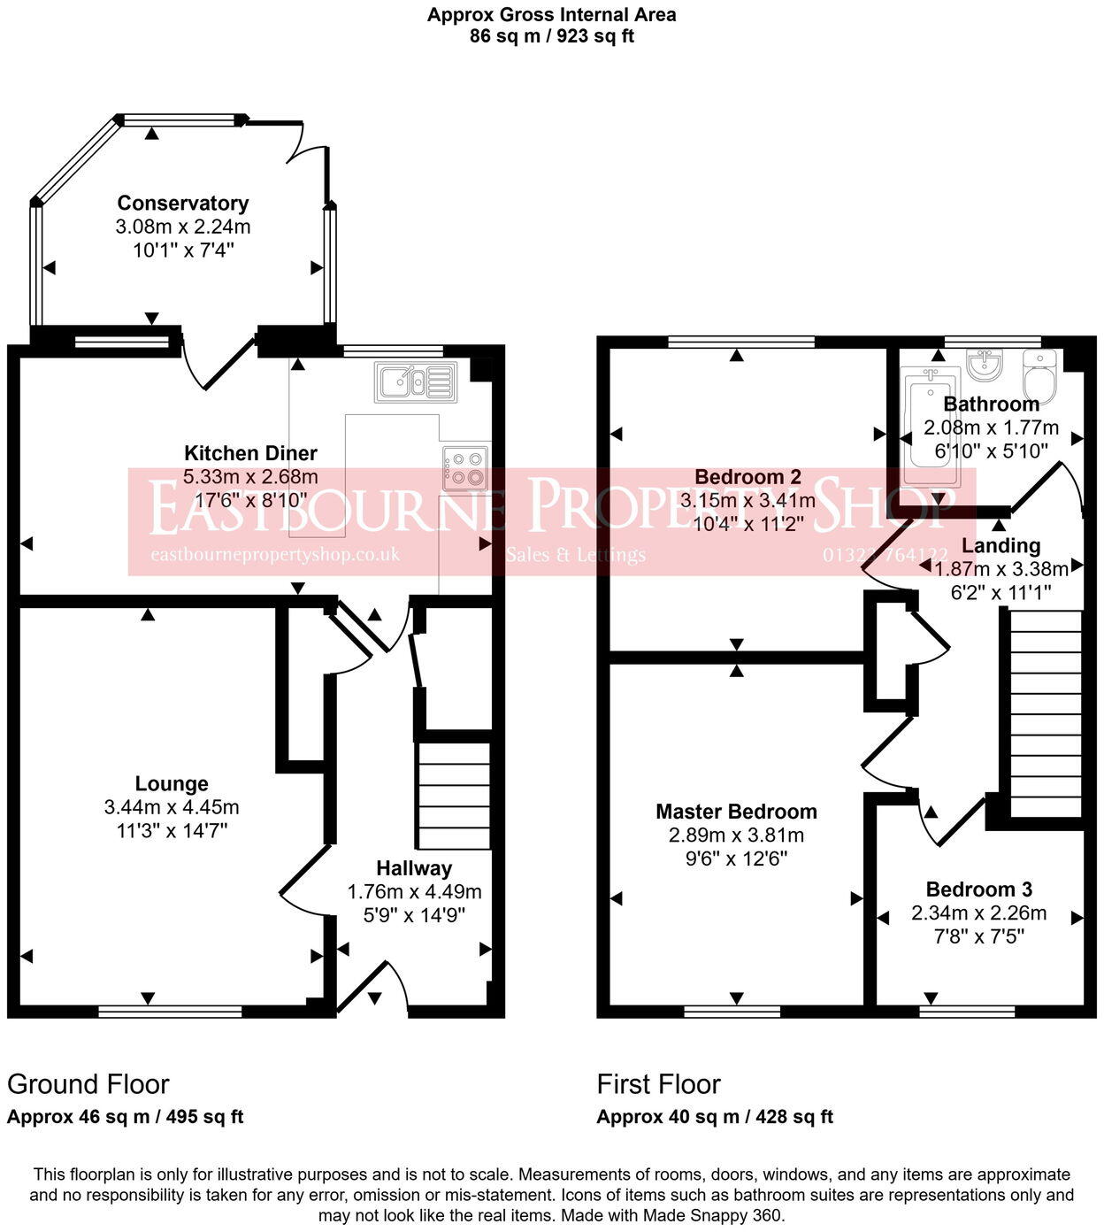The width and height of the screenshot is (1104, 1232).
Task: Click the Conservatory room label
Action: coord(183,204)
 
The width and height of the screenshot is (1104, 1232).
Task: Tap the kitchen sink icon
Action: coord(415,381)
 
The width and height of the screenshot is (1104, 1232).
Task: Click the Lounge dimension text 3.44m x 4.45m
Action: coord(172,807)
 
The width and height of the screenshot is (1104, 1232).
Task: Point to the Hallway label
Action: coord(414,868)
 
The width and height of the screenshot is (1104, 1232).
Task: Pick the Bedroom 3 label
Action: coord(978,889)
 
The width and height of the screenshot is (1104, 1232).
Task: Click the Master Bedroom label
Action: coord(736,812)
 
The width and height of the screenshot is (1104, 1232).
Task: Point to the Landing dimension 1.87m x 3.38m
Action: coord(1000,569)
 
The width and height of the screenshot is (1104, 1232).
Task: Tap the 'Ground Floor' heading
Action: coord(88,1084)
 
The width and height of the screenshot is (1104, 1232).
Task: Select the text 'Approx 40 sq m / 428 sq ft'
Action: coord(715,1117)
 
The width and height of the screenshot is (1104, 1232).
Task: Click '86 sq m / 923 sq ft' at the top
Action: coord(552,36)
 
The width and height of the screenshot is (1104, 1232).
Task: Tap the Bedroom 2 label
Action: coord(747,477)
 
